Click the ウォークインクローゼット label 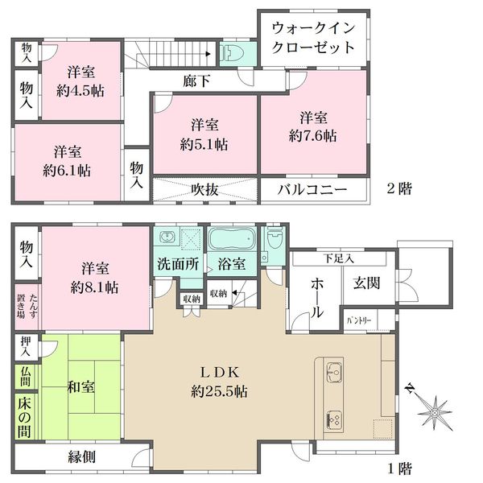point(313,38)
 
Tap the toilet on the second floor point(233,54)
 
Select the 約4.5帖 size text point(80,91)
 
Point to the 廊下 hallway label point(196,81)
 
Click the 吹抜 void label point(204,190)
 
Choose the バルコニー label point(312,189)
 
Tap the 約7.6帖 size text point(312,135)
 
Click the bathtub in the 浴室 point(233,239)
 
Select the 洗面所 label point(179,264)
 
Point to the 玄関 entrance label point(366,283)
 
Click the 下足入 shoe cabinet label point(339,258)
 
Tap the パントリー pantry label point(359,320)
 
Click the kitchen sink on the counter point(334,372)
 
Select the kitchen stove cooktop point(334,420)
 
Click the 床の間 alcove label point(24,417)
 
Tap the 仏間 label point(25,378)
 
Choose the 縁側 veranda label point(81,456)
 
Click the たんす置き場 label point(27,306)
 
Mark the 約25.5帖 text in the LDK point(219,392)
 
